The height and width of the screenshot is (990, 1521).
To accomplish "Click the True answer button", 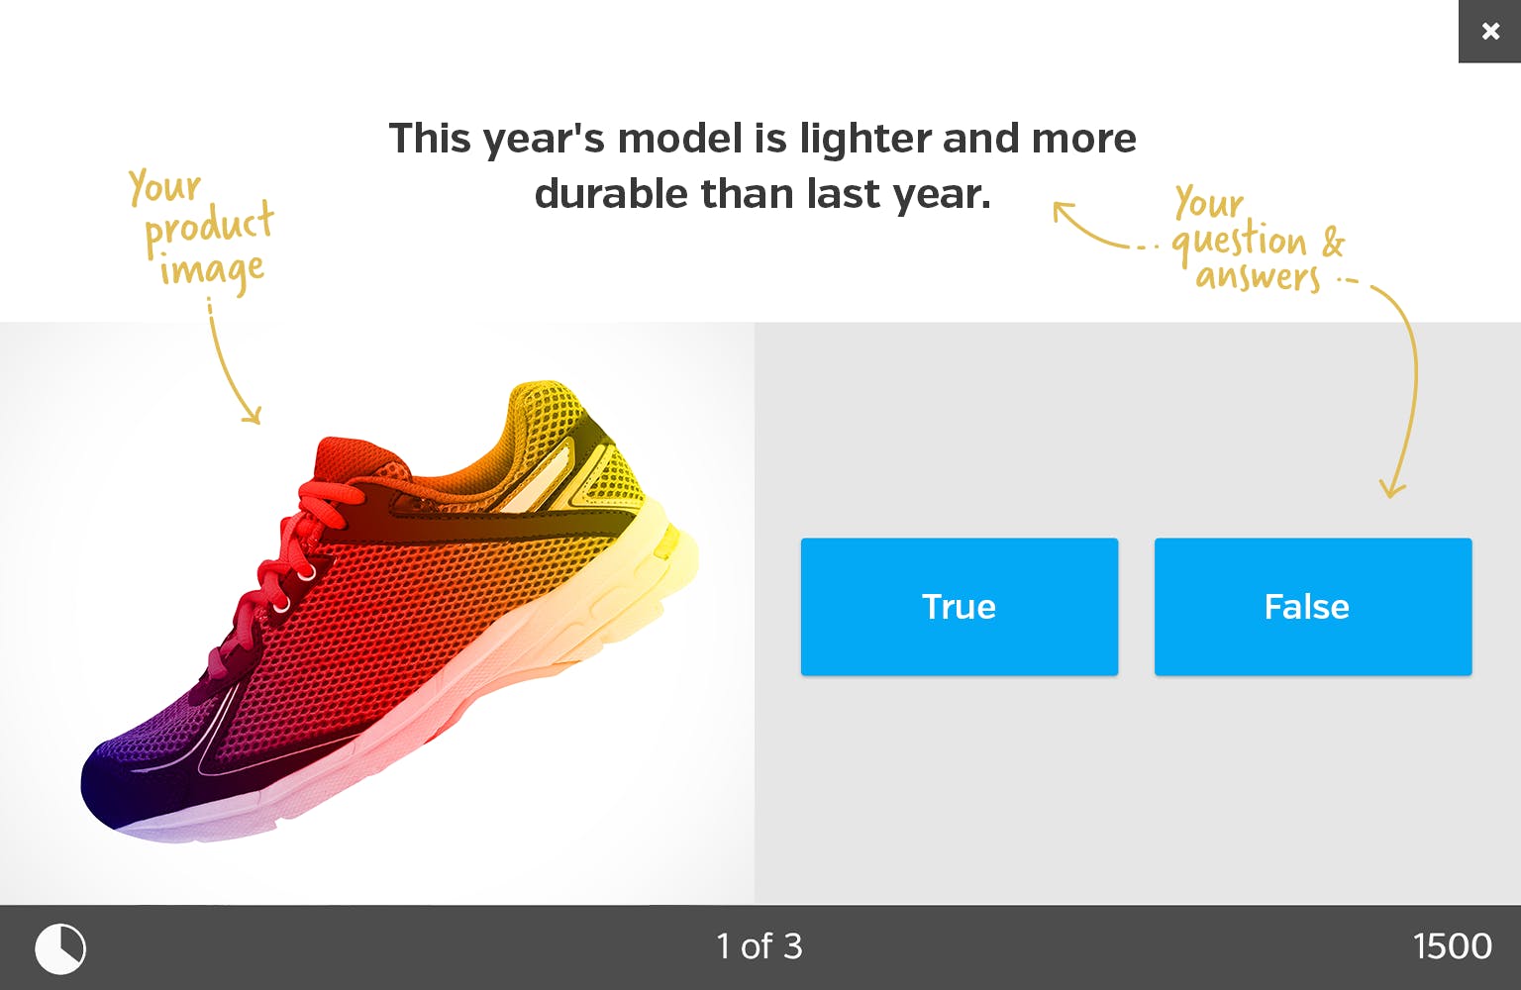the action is pos(960,606).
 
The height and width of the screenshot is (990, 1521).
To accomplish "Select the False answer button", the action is pos(1313,606).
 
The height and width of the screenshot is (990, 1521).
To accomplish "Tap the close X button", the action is pos(1490,32).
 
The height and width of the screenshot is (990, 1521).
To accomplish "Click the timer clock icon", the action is pos(60,947).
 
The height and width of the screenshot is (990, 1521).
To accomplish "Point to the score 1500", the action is pos(1453,946).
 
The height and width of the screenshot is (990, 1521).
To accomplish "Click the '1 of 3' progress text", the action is pos(760,946).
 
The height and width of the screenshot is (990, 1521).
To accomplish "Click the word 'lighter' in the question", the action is pos(865,140).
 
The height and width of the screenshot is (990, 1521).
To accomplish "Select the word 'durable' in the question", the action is pos(612,194).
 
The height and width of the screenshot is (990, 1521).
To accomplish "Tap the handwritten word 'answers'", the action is pos(1258,277).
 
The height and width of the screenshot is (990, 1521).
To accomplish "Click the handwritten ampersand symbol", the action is pos(1333,241).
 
